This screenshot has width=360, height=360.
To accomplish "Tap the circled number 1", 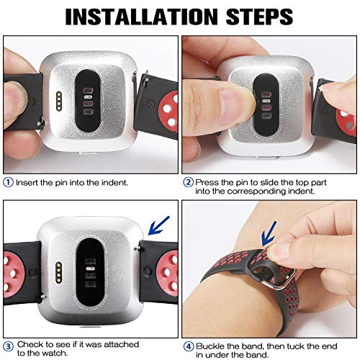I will tap(9, 182).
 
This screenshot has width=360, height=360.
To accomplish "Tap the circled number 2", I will tap(188, 182).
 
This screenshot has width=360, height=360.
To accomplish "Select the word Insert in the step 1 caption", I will tap(27, 182).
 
